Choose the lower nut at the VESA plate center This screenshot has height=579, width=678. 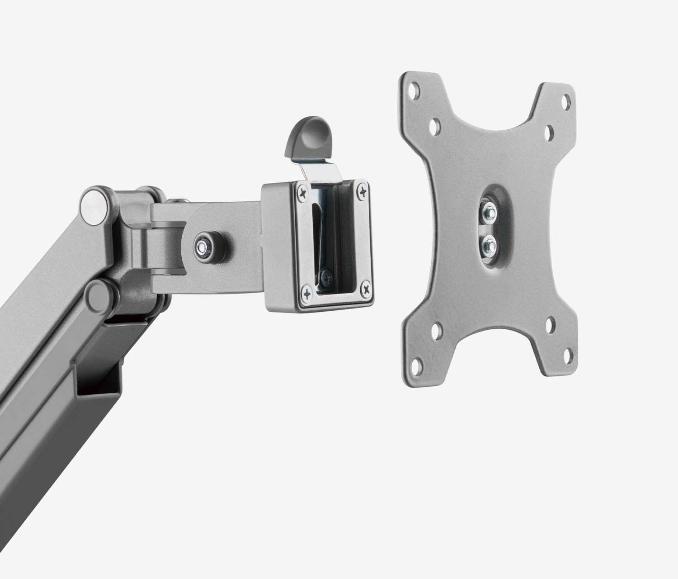coord(488,245)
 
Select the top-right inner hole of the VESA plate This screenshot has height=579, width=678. coord(550,132)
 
